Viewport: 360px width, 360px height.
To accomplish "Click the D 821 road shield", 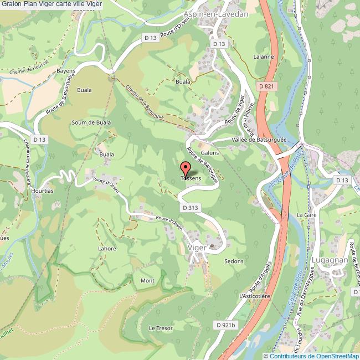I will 266,86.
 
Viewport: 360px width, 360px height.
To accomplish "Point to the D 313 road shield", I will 189,208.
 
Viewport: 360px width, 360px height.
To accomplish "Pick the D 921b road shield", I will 226,325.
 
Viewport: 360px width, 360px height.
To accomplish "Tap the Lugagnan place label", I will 330,259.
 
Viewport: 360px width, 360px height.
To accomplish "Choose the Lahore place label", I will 107,249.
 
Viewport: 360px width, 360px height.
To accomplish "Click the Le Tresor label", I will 161,328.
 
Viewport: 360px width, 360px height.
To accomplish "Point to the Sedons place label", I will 234,261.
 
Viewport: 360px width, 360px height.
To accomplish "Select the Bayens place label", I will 65,71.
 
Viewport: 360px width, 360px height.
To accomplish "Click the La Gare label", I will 306,214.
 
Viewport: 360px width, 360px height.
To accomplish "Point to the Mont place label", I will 147,281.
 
